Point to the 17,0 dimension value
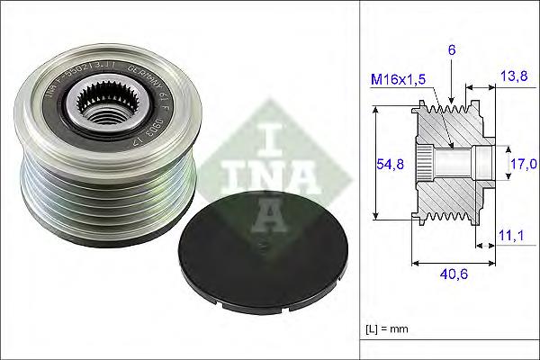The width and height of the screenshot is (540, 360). click(522, 163)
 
